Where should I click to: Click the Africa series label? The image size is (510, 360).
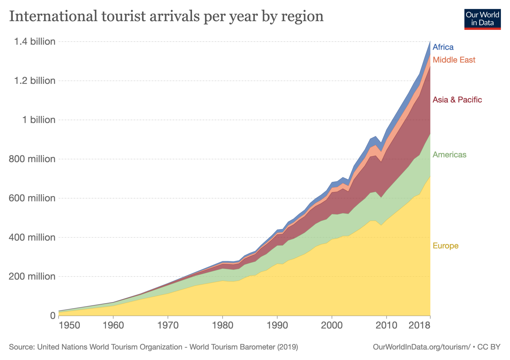coord(443,47)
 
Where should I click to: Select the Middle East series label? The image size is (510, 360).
coord(454,60)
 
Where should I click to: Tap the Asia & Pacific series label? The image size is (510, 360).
coord(457,100)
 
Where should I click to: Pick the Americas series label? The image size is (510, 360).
coord(449,155)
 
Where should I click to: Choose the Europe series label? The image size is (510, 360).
coord(445,246)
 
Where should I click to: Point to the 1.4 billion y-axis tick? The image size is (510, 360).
coord(35,42)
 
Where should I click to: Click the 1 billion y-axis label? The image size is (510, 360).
coord(39,120)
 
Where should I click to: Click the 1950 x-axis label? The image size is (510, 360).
coord(69,325)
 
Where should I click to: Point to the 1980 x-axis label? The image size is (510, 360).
coord(223,325)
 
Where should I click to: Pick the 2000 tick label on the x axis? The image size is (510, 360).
coord(332,325)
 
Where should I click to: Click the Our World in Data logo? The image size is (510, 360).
coord(482,19)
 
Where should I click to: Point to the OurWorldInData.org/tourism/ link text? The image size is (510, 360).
coord(421,347)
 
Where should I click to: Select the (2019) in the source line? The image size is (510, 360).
coord(288,347)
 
